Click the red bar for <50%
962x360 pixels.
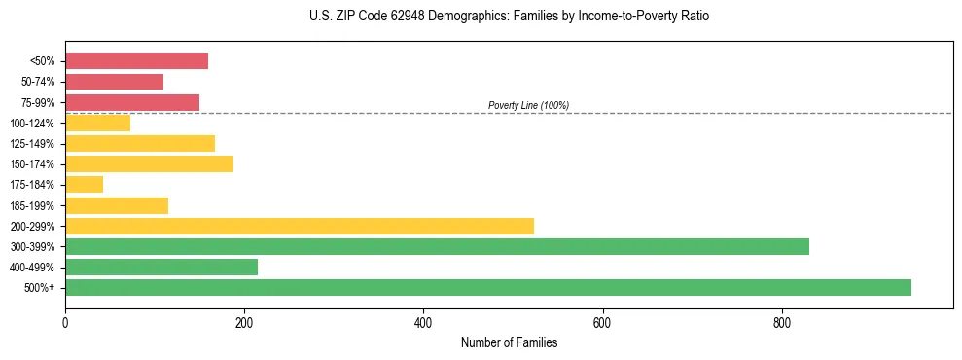click(136, 61)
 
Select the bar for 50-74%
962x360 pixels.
click(114, 82)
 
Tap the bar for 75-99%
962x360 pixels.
click(132, 102)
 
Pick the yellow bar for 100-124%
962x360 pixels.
click(97, 123)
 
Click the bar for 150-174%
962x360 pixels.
click(149, 163)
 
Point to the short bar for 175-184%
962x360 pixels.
click(84, 184)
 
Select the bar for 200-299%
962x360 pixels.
click(300, 226)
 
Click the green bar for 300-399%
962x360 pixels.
click(437, 246)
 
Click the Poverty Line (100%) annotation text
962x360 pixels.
click(528, 105)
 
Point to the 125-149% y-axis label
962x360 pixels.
click(32, 144)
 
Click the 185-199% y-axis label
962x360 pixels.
click(32, 205)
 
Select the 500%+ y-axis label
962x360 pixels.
click(39, 288)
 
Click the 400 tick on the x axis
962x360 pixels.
click(423, 322)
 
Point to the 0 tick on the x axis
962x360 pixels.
click(65, 322)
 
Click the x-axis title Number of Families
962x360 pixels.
click(509, 342)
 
